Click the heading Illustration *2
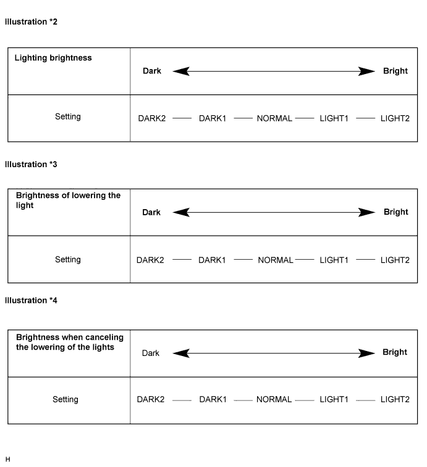click(31, 22)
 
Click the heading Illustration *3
click(31, 165)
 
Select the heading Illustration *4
click(31, 300)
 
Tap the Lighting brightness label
click(53, 58)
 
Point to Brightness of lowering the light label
click(68, 200)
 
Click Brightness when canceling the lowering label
click(69, 342)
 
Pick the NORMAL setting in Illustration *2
click(274, 118)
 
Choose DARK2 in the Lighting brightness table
click(152, 118)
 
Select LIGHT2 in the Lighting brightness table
click(395, 118)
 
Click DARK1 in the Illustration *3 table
click(212, 260)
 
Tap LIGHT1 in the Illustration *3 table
click(334, 260)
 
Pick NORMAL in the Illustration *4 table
click(274, 400)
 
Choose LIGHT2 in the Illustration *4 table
click(395, 400)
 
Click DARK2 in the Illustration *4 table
click(151, 400)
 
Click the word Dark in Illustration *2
click(152, 71)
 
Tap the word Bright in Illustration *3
click(395, 212)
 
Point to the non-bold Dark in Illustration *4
click(151, 353)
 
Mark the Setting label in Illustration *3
click(68, 260)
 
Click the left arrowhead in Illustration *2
click(180, 72)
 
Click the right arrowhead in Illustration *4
click(368, 353)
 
